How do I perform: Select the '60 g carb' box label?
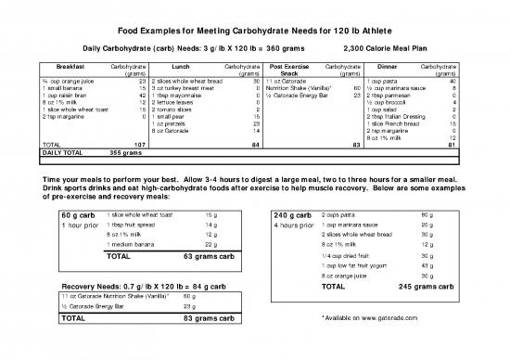pos(80,215)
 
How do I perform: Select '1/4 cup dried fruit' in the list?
pos(345,255)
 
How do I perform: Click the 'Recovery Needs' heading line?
pos(150,285)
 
